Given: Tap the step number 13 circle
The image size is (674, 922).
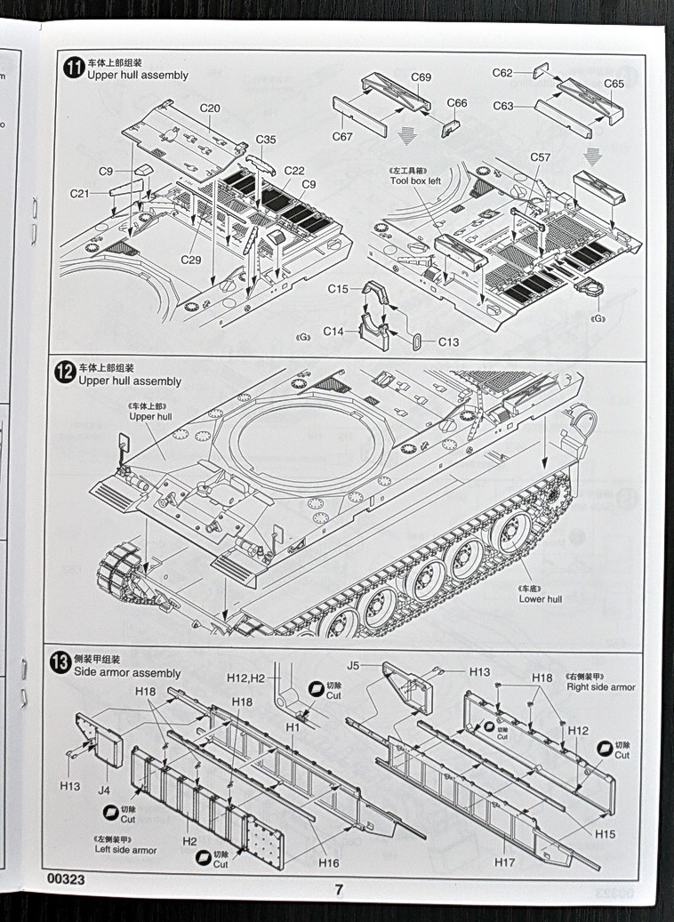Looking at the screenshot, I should (x=60, y=661).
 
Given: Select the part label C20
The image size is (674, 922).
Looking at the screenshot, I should (x=210, y=108).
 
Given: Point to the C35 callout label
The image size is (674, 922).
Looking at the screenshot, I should (x=266, y=139).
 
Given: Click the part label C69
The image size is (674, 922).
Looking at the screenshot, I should (x=421, y=77).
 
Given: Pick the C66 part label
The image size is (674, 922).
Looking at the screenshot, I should (x=456, y=103).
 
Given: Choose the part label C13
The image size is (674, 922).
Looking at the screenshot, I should (x=449, y=342).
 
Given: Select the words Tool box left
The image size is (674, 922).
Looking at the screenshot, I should (x=414, y=180).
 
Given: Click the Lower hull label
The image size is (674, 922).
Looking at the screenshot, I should (x=540, y=599).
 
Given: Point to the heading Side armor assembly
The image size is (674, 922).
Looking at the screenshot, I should (x=128, y=673).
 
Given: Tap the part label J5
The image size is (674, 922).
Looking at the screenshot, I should (x=353, y=664).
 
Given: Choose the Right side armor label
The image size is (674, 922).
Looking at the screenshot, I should (x=601, y=686).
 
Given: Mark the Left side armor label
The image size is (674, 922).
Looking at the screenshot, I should (x=125, y=850).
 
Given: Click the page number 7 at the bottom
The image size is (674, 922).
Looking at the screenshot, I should (x=338, y=888).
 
